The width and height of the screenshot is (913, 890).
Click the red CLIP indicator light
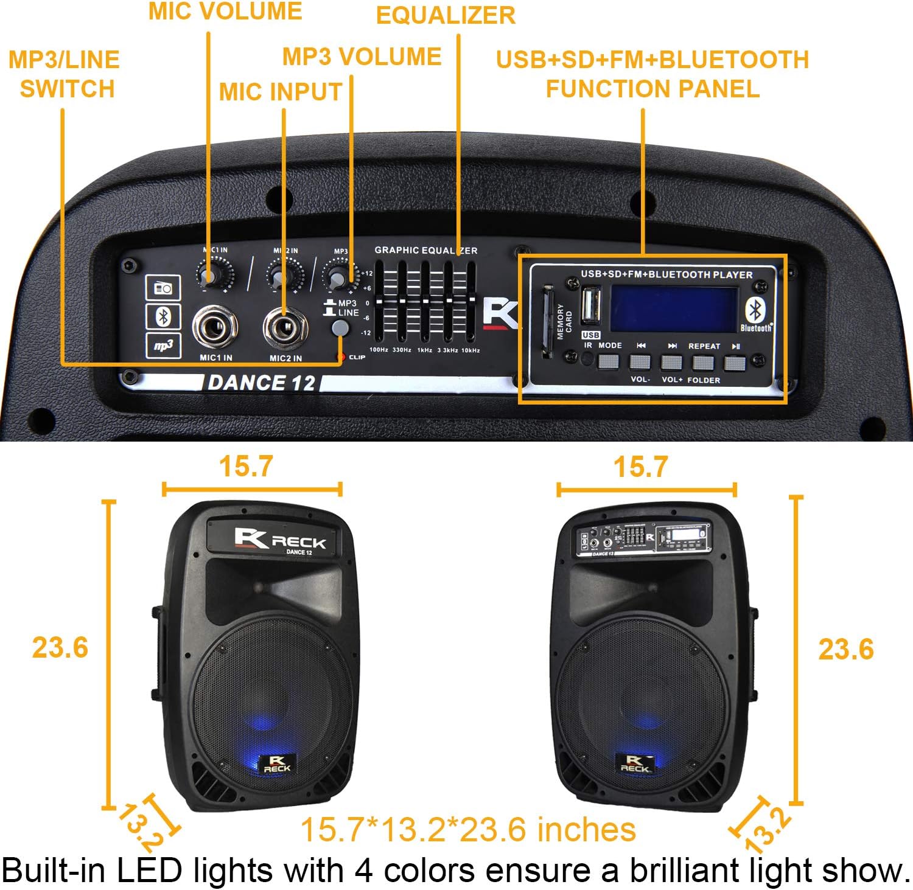pyautogui.click(x=342, y=357)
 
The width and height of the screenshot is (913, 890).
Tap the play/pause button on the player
pyautogui.click(x=735, y=363)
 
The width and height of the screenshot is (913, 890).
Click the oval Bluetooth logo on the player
pyautogui.click(x=755, y=310)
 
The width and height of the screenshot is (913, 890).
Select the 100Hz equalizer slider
pyautogui.click(x=379, y=302)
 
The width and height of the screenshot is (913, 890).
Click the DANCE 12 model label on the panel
pyautogui.click(x=261, y=383)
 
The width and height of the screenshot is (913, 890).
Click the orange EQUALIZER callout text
pyautogui.click(x=446, y=16)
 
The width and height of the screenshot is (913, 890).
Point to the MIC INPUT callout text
pyautogui.click(x=281, y=92)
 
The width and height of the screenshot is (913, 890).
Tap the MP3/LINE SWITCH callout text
pyautogui.click(x=65, y=74)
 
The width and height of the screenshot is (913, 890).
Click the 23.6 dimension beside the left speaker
pyautogui.click(x=60, y=647)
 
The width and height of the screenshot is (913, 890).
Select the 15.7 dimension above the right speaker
pyautogui.click(x=640, y=467)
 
